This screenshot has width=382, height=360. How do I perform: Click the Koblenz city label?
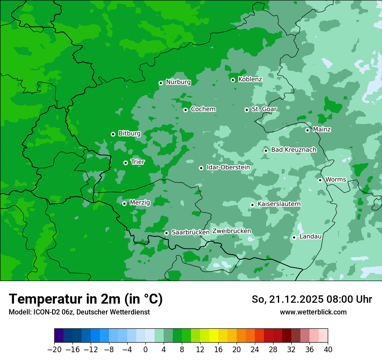pyautogui.click(x=250, y=79)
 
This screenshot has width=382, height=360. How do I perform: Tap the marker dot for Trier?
pyautogui.click(x=125, y=163)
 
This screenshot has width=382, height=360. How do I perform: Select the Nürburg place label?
pyautogui.click(x=178, y=82)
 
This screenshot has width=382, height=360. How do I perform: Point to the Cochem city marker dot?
pyautogui.click(x=185, y=110)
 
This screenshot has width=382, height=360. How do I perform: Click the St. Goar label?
pyautogui.click(x=264, y=109)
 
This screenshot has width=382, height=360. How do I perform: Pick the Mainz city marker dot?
pyautogui.click(x=307, y=130)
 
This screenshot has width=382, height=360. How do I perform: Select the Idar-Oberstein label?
pyautogui.click(x=228, y=167)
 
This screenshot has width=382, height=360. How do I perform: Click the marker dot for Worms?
pyautogui.click(x=320, y=180)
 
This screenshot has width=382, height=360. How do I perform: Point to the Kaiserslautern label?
pyautogui.click(x=279, y=204)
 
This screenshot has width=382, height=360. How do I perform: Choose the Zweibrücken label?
pyautogui.click(x=231, y=231)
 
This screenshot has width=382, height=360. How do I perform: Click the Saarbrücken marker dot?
pyautogui.click(x=166, y=233)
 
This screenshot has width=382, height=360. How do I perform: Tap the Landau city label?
pyautogui.click(x=310, y=236)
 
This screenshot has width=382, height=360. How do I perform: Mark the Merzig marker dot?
pyautogui.click(x=124, y=203)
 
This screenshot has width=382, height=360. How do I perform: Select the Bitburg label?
pyautogui.click(x=129, y=134)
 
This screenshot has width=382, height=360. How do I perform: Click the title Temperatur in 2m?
pyautogui.click(x=86, y=299)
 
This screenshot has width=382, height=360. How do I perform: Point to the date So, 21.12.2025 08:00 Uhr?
pyautogui.click(x=312, y=299)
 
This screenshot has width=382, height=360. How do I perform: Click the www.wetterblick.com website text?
pyautogui.click(x=313, y=312)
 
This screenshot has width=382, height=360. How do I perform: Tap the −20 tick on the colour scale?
pyautogui.click(x=54, y=350)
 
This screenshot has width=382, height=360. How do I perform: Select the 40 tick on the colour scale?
pyautogui.click(x=328, y=350)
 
